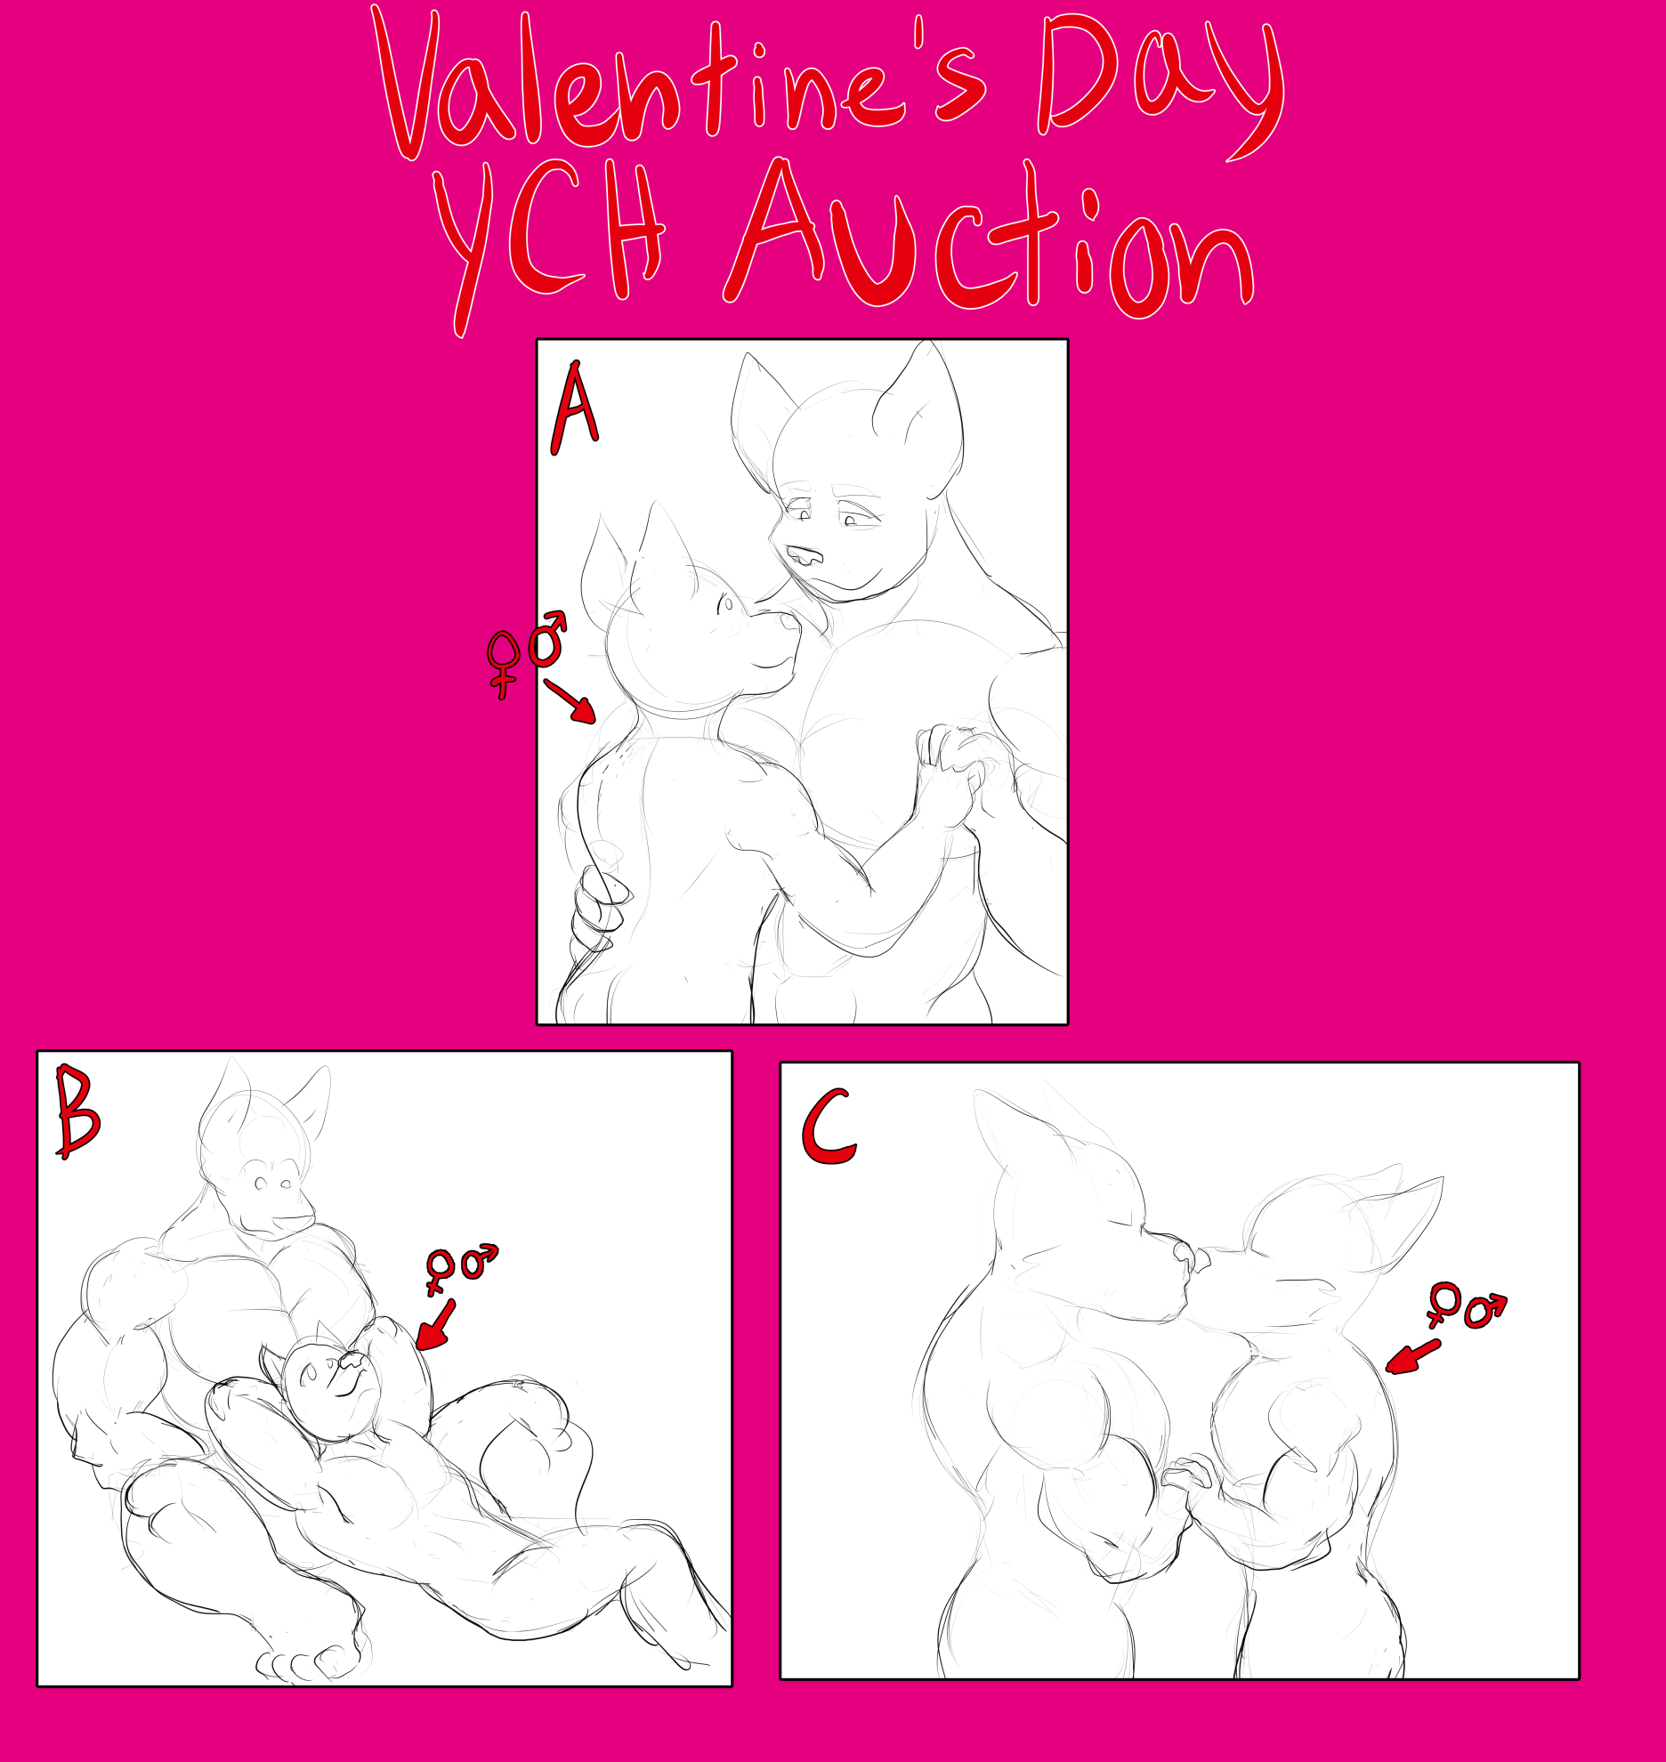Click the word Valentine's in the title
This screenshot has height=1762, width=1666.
pos(681,85)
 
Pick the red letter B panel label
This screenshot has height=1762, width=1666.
pos(77,1111)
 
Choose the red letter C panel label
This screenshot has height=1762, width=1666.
pos(829,1129)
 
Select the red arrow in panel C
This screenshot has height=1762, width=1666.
pos(1412,1358)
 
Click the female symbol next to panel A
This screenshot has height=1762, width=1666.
pos(503,663)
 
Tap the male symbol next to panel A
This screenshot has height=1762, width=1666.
pos(547,639)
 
